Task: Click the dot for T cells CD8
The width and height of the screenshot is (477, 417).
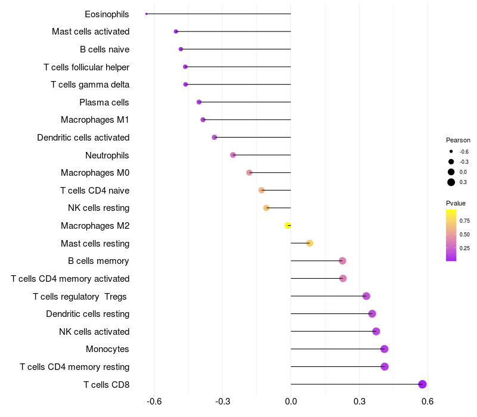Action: click(x=422, y=384)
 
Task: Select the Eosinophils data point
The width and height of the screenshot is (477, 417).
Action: click(x=146, y=14)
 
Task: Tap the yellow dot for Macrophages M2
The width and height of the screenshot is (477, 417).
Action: click(x=287, y=225)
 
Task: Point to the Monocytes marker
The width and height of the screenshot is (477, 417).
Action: click(x=384, y=349)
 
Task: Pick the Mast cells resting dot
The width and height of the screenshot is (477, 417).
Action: click(x=309, y=243)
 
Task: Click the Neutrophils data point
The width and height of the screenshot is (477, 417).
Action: click(x=233, y=155)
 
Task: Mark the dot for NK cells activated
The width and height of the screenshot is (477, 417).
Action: click(x=376, y=331)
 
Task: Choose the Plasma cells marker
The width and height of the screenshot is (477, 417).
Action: click(x=199, y=102)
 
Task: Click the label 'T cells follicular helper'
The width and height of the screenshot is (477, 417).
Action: click(x=86, y=67)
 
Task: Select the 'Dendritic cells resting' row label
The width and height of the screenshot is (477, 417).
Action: click(x=88, y=314)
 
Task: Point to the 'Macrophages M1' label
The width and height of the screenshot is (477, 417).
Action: click(x=95, y=120)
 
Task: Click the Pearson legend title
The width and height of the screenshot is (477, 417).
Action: click(x=458, y=140)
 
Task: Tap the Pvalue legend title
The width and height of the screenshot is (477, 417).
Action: click(x=456, y=203)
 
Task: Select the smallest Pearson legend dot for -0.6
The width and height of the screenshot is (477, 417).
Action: click(x=451, y=151)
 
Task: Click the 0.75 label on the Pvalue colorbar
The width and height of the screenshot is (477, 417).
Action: click(x=465, y=220)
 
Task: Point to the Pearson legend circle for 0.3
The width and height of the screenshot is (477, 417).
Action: click(x=451, y=182)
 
